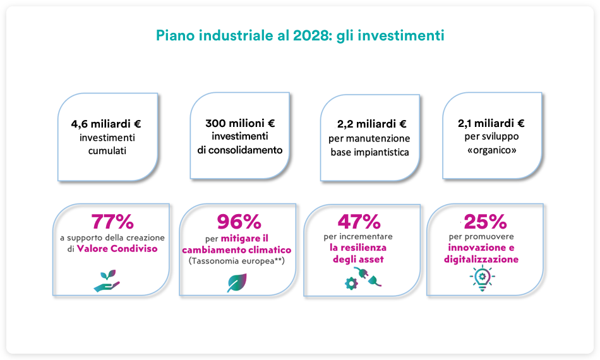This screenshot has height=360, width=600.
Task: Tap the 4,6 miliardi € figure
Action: click(x=106, y=124)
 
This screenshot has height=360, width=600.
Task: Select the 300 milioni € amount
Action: click(x=240, y=123)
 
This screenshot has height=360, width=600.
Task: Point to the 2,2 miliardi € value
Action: click(x=371, y=124)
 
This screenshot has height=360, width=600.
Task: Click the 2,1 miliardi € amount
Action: click(x=491, y=123)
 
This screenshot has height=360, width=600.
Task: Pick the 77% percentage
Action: click(x=112, y=222)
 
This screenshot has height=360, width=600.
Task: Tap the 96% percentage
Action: click(x=239, y=222)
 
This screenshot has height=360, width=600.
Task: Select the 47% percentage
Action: click(x=359, y=221)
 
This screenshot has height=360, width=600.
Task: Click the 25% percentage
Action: click(x=485, y=221)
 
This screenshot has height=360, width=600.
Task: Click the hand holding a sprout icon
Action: click(x=107, y=281)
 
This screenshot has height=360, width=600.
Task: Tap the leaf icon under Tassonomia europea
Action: click(x=237, y=283)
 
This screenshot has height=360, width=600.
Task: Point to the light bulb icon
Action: click(x=482, y=278)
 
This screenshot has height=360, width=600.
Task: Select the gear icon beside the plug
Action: click(x=351, y=284)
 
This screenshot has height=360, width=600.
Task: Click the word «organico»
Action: click(x=492, y=150)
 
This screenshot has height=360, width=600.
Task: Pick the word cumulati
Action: click(x=107, y=151)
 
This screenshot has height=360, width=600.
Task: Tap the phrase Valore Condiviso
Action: click(x=117, y=249)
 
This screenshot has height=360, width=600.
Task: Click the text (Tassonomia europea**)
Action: click(x=237, y=261)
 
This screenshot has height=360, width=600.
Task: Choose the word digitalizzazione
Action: click(x=481, y=260)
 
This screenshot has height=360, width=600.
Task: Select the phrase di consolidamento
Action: click(x=240, y=150)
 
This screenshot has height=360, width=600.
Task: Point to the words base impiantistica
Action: click(x=369, y=152)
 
